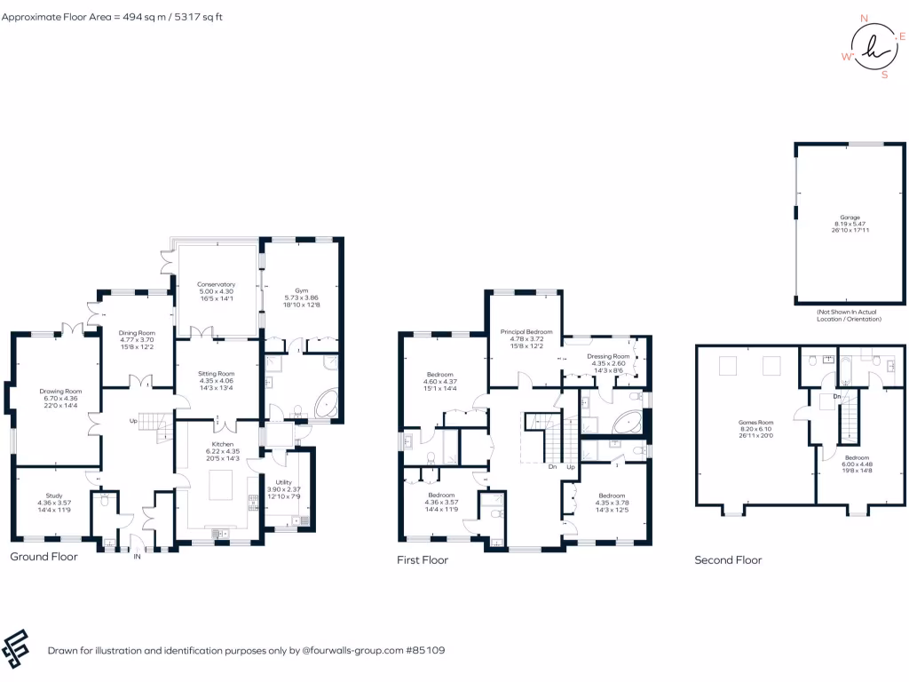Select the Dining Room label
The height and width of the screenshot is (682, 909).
pyautogui.click(x=138, y=333)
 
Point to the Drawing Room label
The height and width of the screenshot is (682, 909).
pyautogui.click(x=59, y=392)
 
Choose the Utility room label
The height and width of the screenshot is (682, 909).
pyautogui.click(x=283, y=482)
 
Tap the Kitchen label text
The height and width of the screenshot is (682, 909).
pyautogui.click(x=222, y=443)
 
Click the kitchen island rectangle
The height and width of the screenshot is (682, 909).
pyautogui.click(x=222, y=488)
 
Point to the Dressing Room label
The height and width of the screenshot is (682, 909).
pyautogui.click(x=608, y=356)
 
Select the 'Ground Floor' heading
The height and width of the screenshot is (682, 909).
pyautogui.click(x=43, y=557)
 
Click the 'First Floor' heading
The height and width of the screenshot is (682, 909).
pyautogui.click(x=423, y=560)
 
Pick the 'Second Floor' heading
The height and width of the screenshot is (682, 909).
pyautogui.click(x=728, y=560)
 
